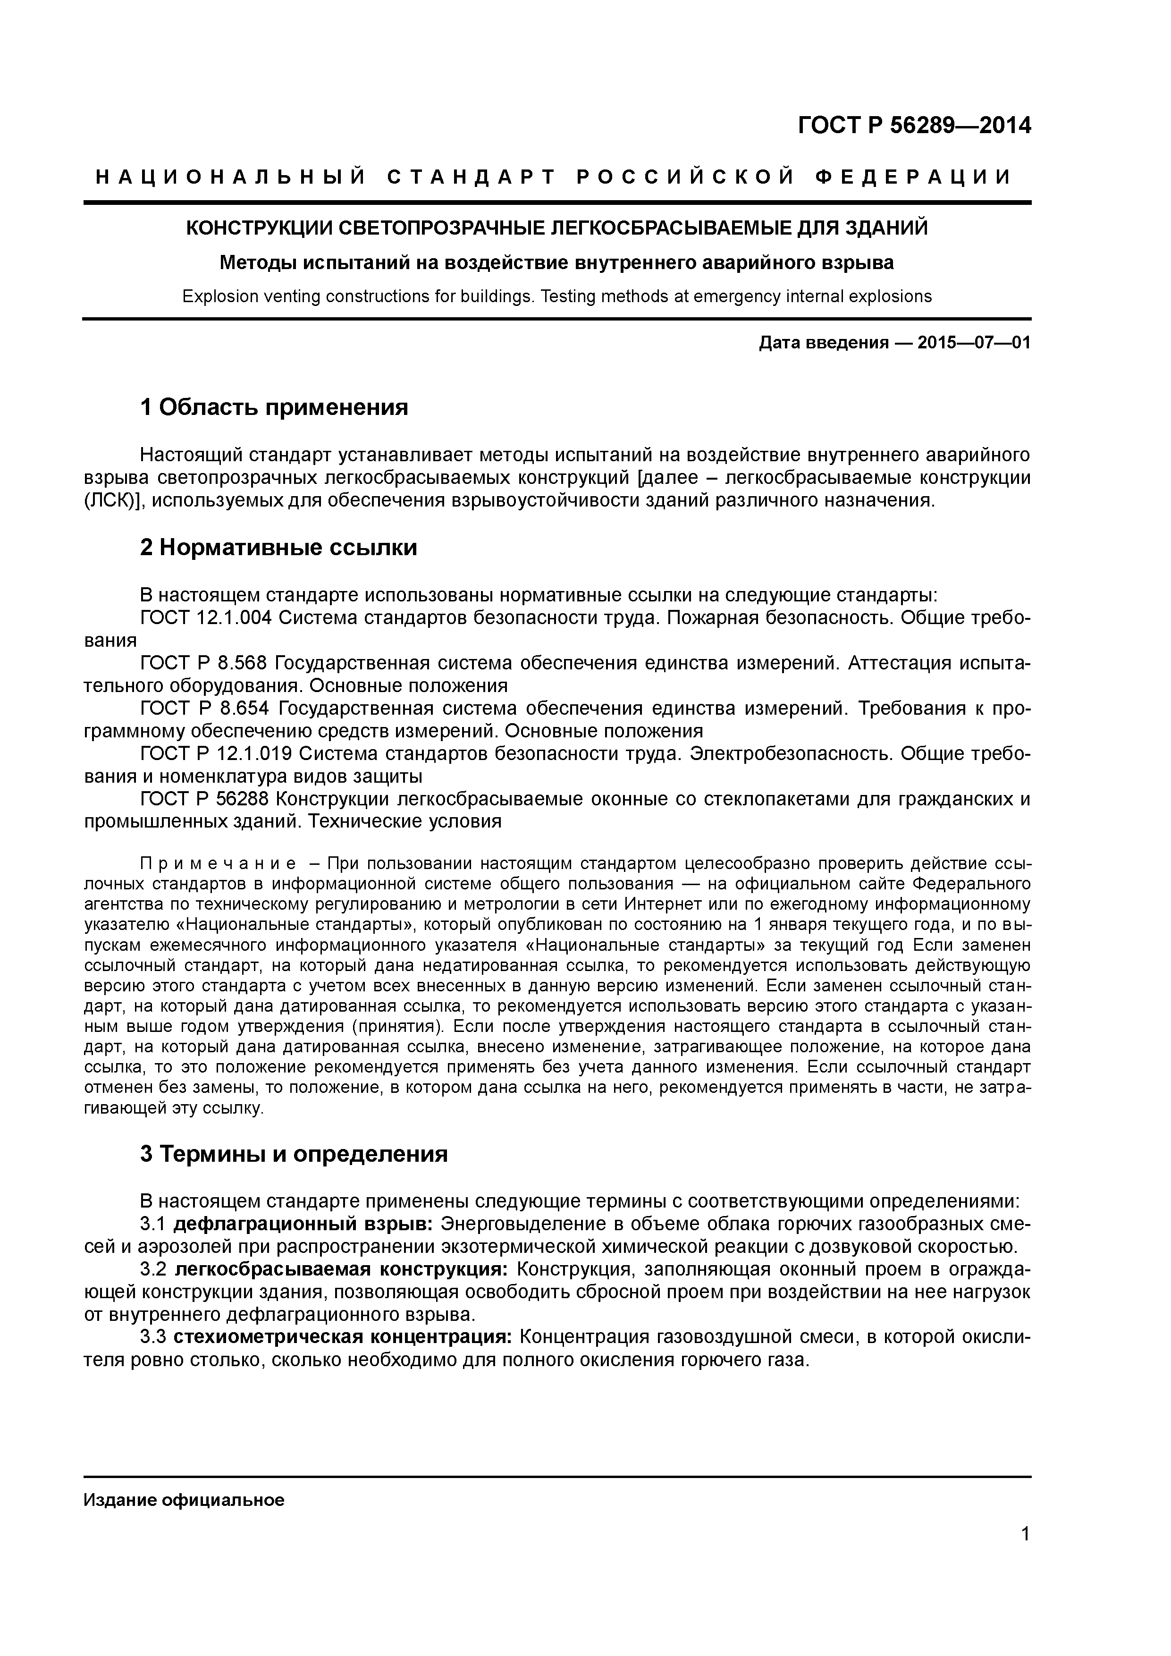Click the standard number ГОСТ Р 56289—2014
click(914, 126)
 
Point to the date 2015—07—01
click(973, 343)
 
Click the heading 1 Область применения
click(274, 407)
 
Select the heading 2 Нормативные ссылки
click(278, 548)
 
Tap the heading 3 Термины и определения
click(294, 1154)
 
